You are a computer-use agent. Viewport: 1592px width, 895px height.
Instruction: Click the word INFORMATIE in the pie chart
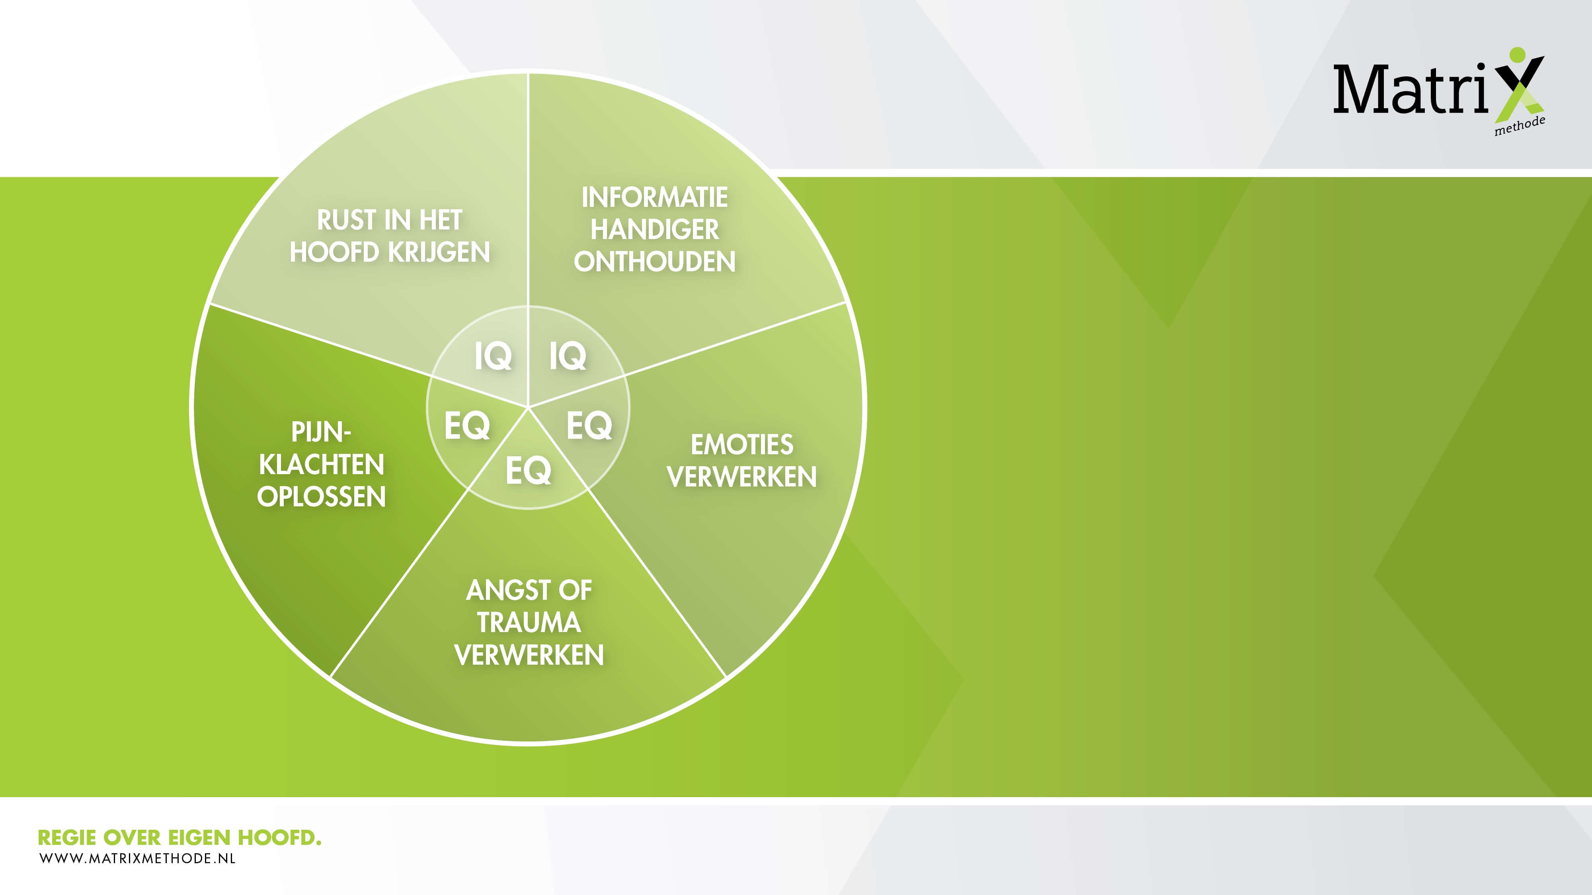pyautogui.click(x=654, y=198)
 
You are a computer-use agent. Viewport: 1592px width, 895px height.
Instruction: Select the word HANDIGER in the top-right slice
pyautogui.click(x=654, y=230)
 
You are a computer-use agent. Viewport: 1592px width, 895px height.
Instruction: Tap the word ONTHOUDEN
pyautogui.click(x=654, y=262)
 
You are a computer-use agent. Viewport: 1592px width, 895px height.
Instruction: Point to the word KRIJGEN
pyautogui.click(x=438, y=252)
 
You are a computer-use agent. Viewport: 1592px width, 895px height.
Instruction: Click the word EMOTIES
pyautogui.click(x=741, y=445)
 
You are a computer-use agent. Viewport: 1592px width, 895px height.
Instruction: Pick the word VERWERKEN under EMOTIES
pyautogui.click(x=741, y=477)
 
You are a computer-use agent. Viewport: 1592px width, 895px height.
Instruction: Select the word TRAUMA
pyautogui.click(x=529, y=623)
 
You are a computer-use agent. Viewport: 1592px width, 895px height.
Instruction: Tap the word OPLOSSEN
pyautogui.click(x=321, y=496)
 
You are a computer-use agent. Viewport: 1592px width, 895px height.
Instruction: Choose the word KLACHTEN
pyautogui.click(x=321, y=465)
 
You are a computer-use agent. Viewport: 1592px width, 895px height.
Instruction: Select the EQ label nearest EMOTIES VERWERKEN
pyautogui.click(x=589, y=426)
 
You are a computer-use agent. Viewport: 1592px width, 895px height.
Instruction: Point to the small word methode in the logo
pyautogui.click(x=1520, y=125)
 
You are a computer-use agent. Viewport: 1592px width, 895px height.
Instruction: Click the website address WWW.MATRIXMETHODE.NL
pyautogui.click(x=137, y=858)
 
